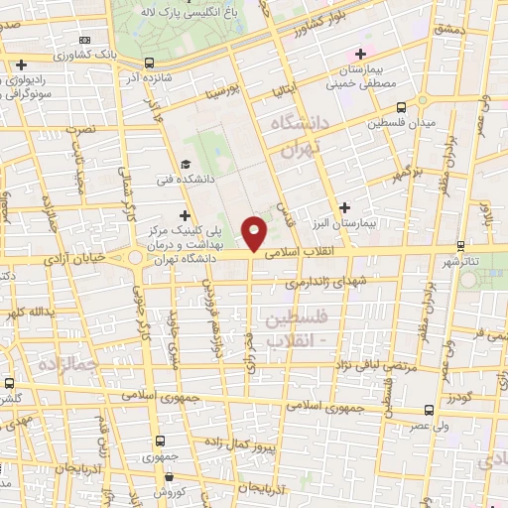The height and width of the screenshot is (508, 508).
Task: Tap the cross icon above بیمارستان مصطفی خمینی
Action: tap(361, 54)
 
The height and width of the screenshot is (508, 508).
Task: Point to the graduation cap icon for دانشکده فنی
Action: tap(186, 165)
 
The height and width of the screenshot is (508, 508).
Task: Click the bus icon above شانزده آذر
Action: tap(131, 74)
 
